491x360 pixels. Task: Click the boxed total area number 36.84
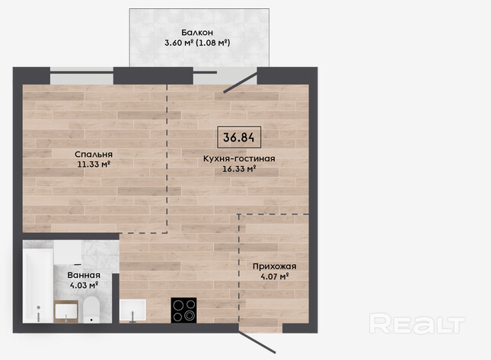(239, 137)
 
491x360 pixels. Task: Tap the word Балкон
(197, 32)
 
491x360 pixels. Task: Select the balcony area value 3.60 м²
(178, 43)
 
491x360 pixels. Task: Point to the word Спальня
(94, 155)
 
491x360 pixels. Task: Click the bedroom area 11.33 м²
(94, 164)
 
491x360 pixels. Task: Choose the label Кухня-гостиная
(239, 159)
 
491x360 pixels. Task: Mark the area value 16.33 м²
(239, 169)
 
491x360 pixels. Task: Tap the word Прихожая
(274, 266)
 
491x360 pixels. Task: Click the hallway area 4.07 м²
(274, 276)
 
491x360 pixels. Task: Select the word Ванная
(84, 276)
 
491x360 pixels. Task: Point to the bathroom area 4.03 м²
(84, 285)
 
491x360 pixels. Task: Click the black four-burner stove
(183, 311)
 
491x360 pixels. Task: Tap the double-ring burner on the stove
(190, 316)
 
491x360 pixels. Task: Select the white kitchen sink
(132, 311)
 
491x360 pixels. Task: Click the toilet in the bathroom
(91, 310)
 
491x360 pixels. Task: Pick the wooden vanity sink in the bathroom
(65, 311)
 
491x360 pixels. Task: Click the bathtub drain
(38, 307)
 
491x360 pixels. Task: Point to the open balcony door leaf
(241, 83)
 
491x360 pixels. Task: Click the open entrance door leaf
(257, 342)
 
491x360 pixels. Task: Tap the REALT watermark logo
(417, 323)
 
